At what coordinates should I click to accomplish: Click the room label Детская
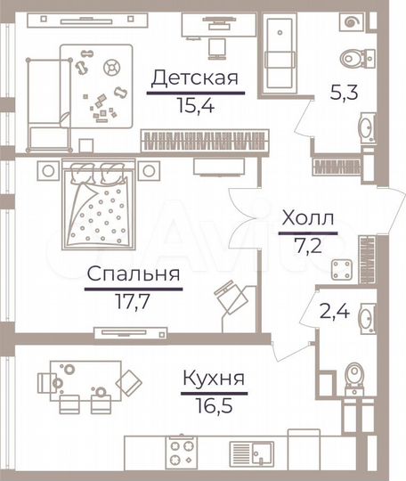click(194, 78)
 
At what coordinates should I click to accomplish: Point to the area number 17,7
click(134, 300)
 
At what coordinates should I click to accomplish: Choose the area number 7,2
click(308, 243)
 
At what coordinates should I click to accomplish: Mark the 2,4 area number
click(333, 313)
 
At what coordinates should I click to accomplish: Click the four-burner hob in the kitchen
click(183, 449)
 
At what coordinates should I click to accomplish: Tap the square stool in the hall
click(340, 269)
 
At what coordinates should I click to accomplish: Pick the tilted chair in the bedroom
click(230, 296)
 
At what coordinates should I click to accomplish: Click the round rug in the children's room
click(112, 66)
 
